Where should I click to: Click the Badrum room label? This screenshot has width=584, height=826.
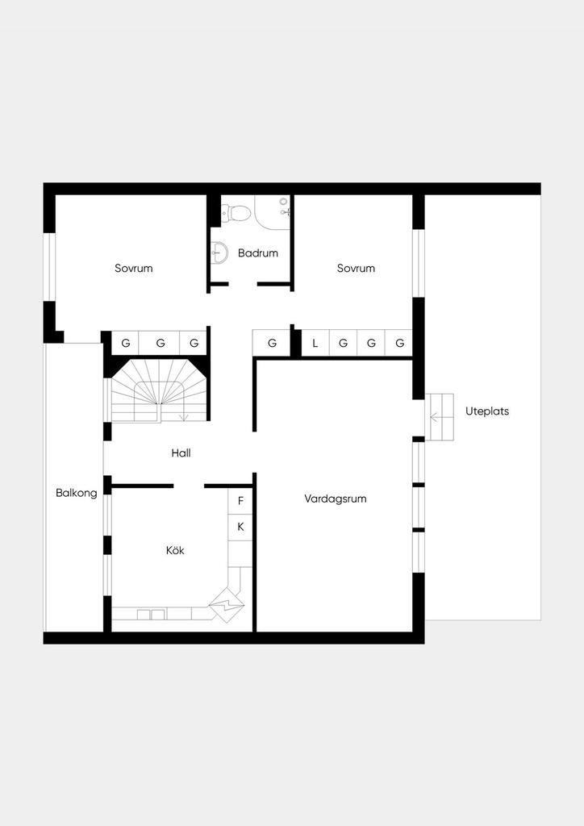tap(257, 252)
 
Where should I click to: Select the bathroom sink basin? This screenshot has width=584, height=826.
tap(220, 252)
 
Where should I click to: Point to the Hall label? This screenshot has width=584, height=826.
tap(181, 453)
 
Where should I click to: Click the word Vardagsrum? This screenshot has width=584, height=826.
tap(336, 499)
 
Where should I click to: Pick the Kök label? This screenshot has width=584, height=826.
tap(175, 550)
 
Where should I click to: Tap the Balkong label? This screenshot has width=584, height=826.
tap(77, 493)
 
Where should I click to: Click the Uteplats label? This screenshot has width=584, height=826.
tap(487, 411)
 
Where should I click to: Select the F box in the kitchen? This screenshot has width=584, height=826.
tap(240, 501)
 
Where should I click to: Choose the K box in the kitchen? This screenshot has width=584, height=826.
tap(240, 527)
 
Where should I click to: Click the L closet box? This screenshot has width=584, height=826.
tap(315, 344)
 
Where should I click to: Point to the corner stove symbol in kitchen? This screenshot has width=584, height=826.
tap(227, 605)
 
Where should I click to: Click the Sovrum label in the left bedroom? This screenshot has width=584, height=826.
tap(134, 268)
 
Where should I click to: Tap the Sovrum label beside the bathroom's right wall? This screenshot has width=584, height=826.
tap(356, 268)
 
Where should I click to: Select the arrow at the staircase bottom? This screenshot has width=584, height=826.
tap(184, 417)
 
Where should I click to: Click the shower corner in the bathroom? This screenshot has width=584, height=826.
tap(273, 212)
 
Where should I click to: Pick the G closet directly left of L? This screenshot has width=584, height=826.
tap(272, 344)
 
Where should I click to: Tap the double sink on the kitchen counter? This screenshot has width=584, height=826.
tap(151, 614)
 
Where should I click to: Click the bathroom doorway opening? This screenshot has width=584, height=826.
tap(243, 285)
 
